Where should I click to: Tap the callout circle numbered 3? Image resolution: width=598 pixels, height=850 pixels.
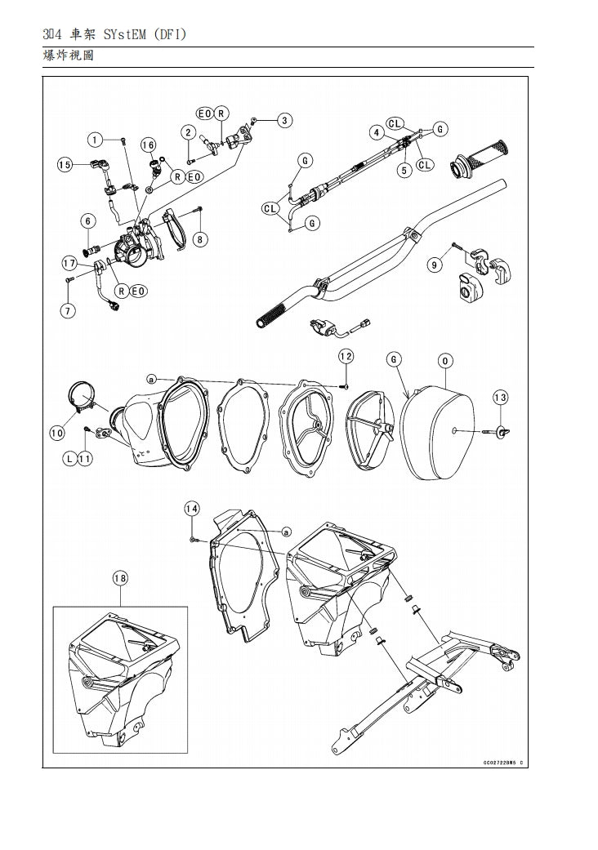(284, 121)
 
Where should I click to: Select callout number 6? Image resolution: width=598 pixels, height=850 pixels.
(87, 220)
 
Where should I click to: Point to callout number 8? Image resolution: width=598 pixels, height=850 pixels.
(201, 239)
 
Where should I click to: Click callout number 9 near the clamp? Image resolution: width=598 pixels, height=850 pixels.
(435, 264)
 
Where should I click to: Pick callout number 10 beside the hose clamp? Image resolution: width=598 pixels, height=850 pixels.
(57, 433)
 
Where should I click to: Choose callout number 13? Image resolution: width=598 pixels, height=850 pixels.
(500, 397)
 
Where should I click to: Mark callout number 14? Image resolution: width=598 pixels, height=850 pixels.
(191, 509)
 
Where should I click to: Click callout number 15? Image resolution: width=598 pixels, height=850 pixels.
(65, 165)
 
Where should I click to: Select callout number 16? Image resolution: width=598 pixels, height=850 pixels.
(148, 145)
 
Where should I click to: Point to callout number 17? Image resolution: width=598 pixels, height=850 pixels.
(69, 263)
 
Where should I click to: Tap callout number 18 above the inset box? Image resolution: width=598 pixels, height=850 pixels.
(119, 578)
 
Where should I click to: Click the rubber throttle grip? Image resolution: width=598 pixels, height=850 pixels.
(485, 154)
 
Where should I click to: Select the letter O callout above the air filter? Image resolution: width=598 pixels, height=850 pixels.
(446, 360)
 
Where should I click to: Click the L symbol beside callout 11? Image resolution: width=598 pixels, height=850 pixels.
(69, 459)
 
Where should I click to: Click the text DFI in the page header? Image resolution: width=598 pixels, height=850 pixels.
(168, 34)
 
